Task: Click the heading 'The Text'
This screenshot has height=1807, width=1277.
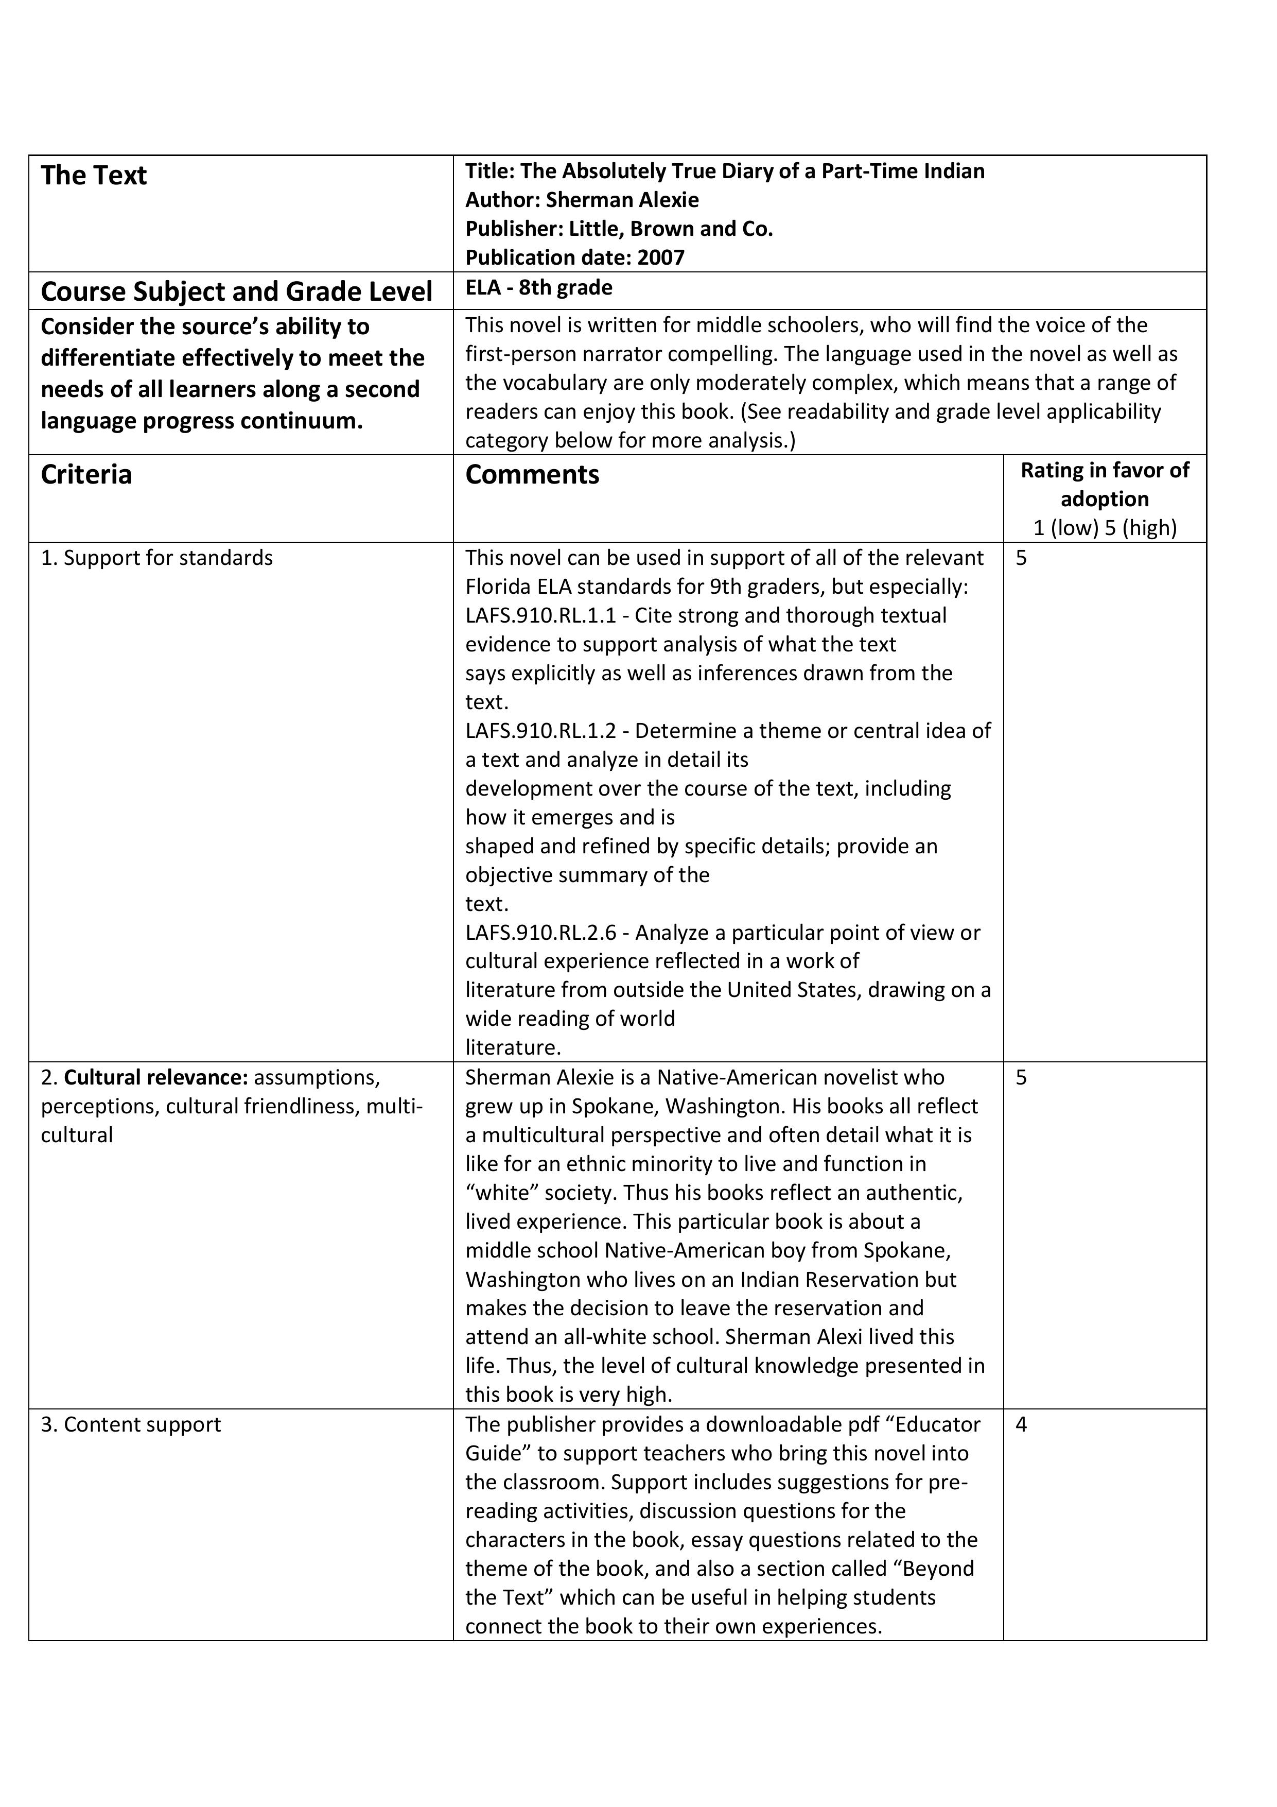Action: coord(94,176)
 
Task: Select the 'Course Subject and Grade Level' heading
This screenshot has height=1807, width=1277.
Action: coord(236,292)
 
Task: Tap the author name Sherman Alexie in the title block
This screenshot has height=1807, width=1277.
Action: coord(622,200)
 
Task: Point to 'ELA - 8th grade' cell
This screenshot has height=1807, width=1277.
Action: coord(538,287)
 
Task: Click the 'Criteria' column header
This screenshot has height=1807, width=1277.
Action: coord(86,475)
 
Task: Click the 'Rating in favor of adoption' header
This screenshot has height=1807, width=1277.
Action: coord(1104,484)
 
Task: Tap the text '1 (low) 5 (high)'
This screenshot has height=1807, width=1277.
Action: coord(1104,527)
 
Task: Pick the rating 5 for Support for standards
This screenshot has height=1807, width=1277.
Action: coord(1021,558)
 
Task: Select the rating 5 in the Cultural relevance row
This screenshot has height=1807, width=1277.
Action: coord(1021,1077)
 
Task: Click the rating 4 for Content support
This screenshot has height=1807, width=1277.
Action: coord(1021,1424)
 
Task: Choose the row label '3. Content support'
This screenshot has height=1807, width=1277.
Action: coord(131,1424)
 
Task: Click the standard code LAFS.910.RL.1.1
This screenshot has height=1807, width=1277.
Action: coord(540,615)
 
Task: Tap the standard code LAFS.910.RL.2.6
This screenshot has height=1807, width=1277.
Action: coord(540,933)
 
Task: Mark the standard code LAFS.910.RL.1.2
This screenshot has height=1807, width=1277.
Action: coord(540,731)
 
